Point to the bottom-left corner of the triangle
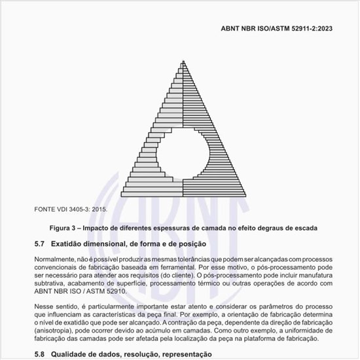(x=120, y=196)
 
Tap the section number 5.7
(x=39, y=243)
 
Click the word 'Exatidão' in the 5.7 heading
(x=69, y=243)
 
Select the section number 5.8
(x=39, y=354)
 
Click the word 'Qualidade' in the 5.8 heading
(x=74, y=354)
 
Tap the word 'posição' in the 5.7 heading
(x=192, y=243)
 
